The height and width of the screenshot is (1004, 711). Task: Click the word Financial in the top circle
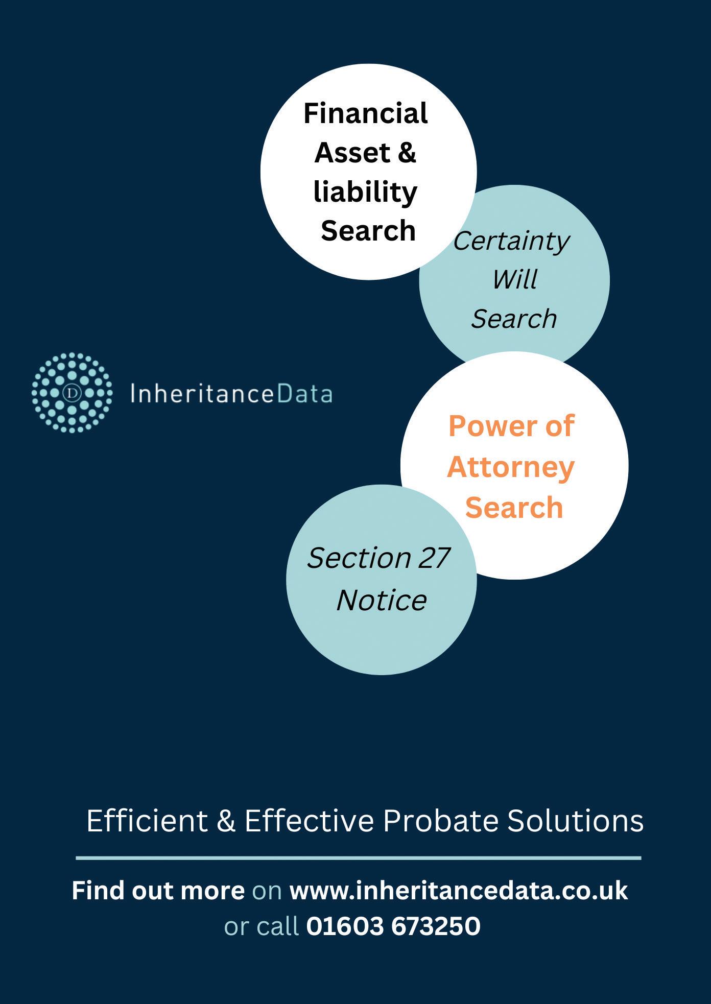[x=365, y=113]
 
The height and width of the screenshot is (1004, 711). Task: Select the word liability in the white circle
[x=365, y=192]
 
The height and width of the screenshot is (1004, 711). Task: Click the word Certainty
[x=511, y=241]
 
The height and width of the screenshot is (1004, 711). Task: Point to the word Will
[x=514, y=279]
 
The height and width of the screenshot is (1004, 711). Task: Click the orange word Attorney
[x=511, y=467]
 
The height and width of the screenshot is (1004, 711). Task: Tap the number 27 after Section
[x=434, y=558]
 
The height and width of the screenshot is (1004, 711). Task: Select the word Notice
[x=382, y=600]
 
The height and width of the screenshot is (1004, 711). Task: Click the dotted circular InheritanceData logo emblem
[x=72, y=393]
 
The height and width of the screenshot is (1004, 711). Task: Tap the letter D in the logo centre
[x=72, y=393]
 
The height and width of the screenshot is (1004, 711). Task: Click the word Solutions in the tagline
[x=575, y=821]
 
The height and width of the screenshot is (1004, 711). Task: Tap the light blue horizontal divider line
[x=358, y=858]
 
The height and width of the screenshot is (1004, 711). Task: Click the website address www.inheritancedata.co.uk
[x=458, y=891]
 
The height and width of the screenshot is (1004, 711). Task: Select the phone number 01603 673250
[x=393, y=926]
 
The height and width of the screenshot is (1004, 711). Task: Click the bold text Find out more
[x=158, y=891]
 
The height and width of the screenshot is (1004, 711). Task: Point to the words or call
[x=261, y=926]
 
